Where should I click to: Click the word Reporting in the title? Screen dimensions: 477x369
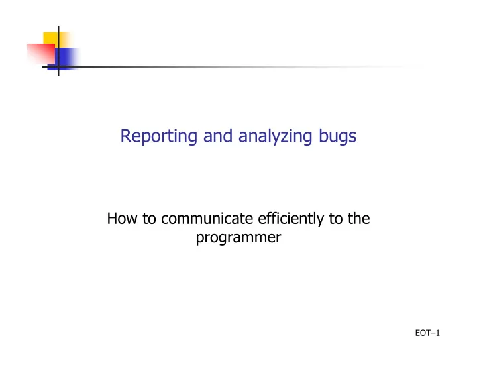tap(159, 136)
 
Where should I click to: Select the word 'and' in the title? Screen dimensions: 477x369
tap(218, 136)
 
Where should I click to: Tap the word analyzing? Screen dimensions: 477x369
tap(276, 136)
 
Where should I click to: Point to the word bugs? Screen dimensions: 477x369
tap(337, 136)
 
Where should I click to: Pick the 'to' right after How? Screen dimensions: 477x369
tap(149, 219)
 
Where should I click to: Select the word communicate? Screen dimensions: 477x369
tap(207, 219)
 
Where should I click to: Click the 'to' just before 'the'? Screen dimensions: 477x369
tap(336, 219)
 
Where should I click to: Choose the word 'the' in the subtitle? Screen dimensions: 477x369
tap(359, 219)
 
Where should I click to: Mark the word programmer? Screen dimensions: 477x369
tap(238, 238)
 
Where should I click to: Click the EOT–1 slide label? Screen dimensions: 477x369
tap(427, 333)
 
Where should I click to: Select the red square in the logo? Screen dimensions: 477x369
tap(41, 54)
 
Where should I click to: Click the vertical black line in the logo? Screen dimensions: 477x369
tap(58, 51)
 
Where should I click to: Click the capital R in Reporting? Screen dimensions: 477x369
tap(126, 136)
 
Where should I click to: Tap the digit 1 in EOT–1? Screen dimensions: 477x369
tap(438, 333)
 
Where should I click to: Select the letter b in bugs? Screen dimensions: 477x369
tap(323, 136)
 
